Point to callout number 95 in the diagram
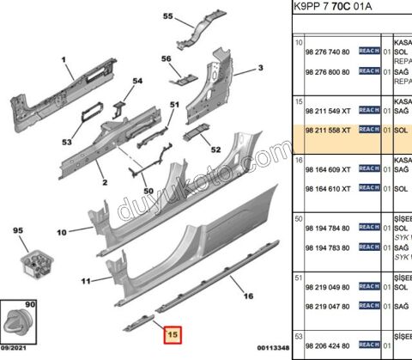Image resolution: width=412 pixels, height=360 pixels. click(x=17, y=231)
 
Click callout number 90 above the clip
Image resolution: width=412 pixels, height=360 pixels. click(x=31, y=305)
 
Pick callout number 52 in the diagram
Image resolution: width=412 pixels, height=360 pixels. click(x=215, y=149)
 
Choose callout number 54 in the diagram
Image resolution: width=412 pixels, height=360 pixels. click(x=136, y=81)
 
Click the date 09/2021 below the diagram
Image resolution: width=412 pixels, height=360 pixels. click(x=18, y=351)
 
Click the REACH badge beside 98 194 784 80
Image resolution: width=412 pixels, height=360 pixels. click(x=367, y=227)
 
